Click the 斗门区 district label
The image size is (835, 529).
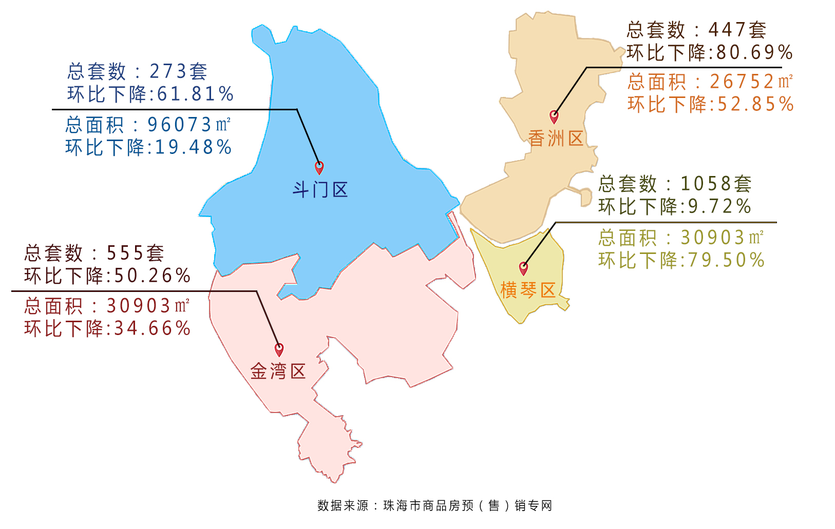coord(320,190)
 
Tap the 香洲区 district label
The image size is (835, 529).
coord(556,139)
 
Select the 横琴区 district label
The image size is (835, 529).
coord(528,290)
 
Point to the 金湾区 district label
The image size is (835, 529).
coord(278,371)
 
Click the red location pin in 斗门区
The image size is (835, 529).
coord(319,167)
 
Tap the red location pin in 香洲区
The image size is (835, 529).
coord(554,116)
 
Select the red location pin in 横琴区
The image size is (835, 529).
coord(523,268)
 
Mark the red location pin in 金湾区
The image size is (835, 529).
coord(279,349)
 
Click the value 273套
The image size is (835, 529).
coord(178,71)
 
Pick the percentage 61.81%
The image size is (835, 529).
coord(196,94)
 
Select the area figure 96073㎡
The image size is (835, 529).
coord(189,125)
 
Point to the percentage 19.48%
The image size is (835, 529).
coord(193,148)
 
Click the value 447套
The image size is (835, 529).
coord(737,30)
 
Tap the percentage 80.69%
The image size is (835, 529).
coord(754,52)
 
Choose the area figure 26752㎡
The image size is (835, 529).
coord(751,82)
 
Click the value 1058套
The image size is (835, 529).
coord(716,184)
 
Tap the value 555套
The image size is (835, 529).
coord(135,253)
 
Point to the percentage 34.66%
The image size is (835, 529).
coord(152,328)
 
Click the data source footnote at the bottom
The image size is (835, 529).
coord(434,506)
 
